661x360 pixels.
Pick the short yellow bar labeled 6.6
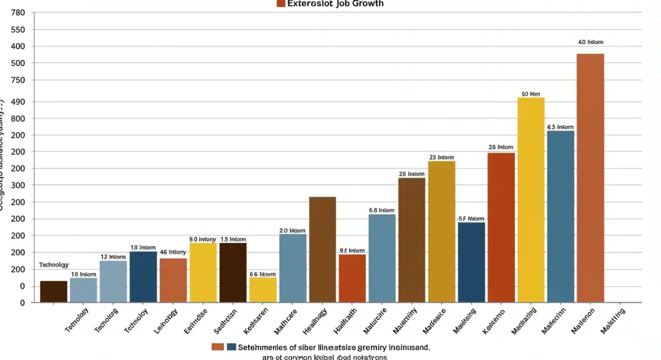point(263,290)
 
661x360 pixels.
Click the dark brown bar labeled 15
point(233,272)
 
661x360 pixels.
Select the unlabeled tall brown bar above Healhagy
point(322,249)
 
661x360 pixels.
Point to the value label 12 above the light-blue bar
point(113,257)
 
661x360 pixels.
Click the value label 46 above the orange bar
point(172,252)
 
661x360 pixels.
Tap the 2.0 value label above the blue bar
point(292,231)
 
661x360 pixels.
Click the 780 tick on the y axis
point(18,13)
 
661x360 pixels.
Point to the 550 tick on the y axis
point(18,30)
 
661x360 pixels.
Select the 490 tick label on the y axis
point(18,102)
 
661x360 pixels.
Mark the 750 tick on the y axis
point(18,80)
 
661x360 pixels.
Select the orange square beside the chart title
point(281,3)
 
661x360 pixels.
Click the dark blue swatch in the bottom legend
point(231,347)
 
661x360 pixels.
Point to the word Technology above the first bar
point(54,265)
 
